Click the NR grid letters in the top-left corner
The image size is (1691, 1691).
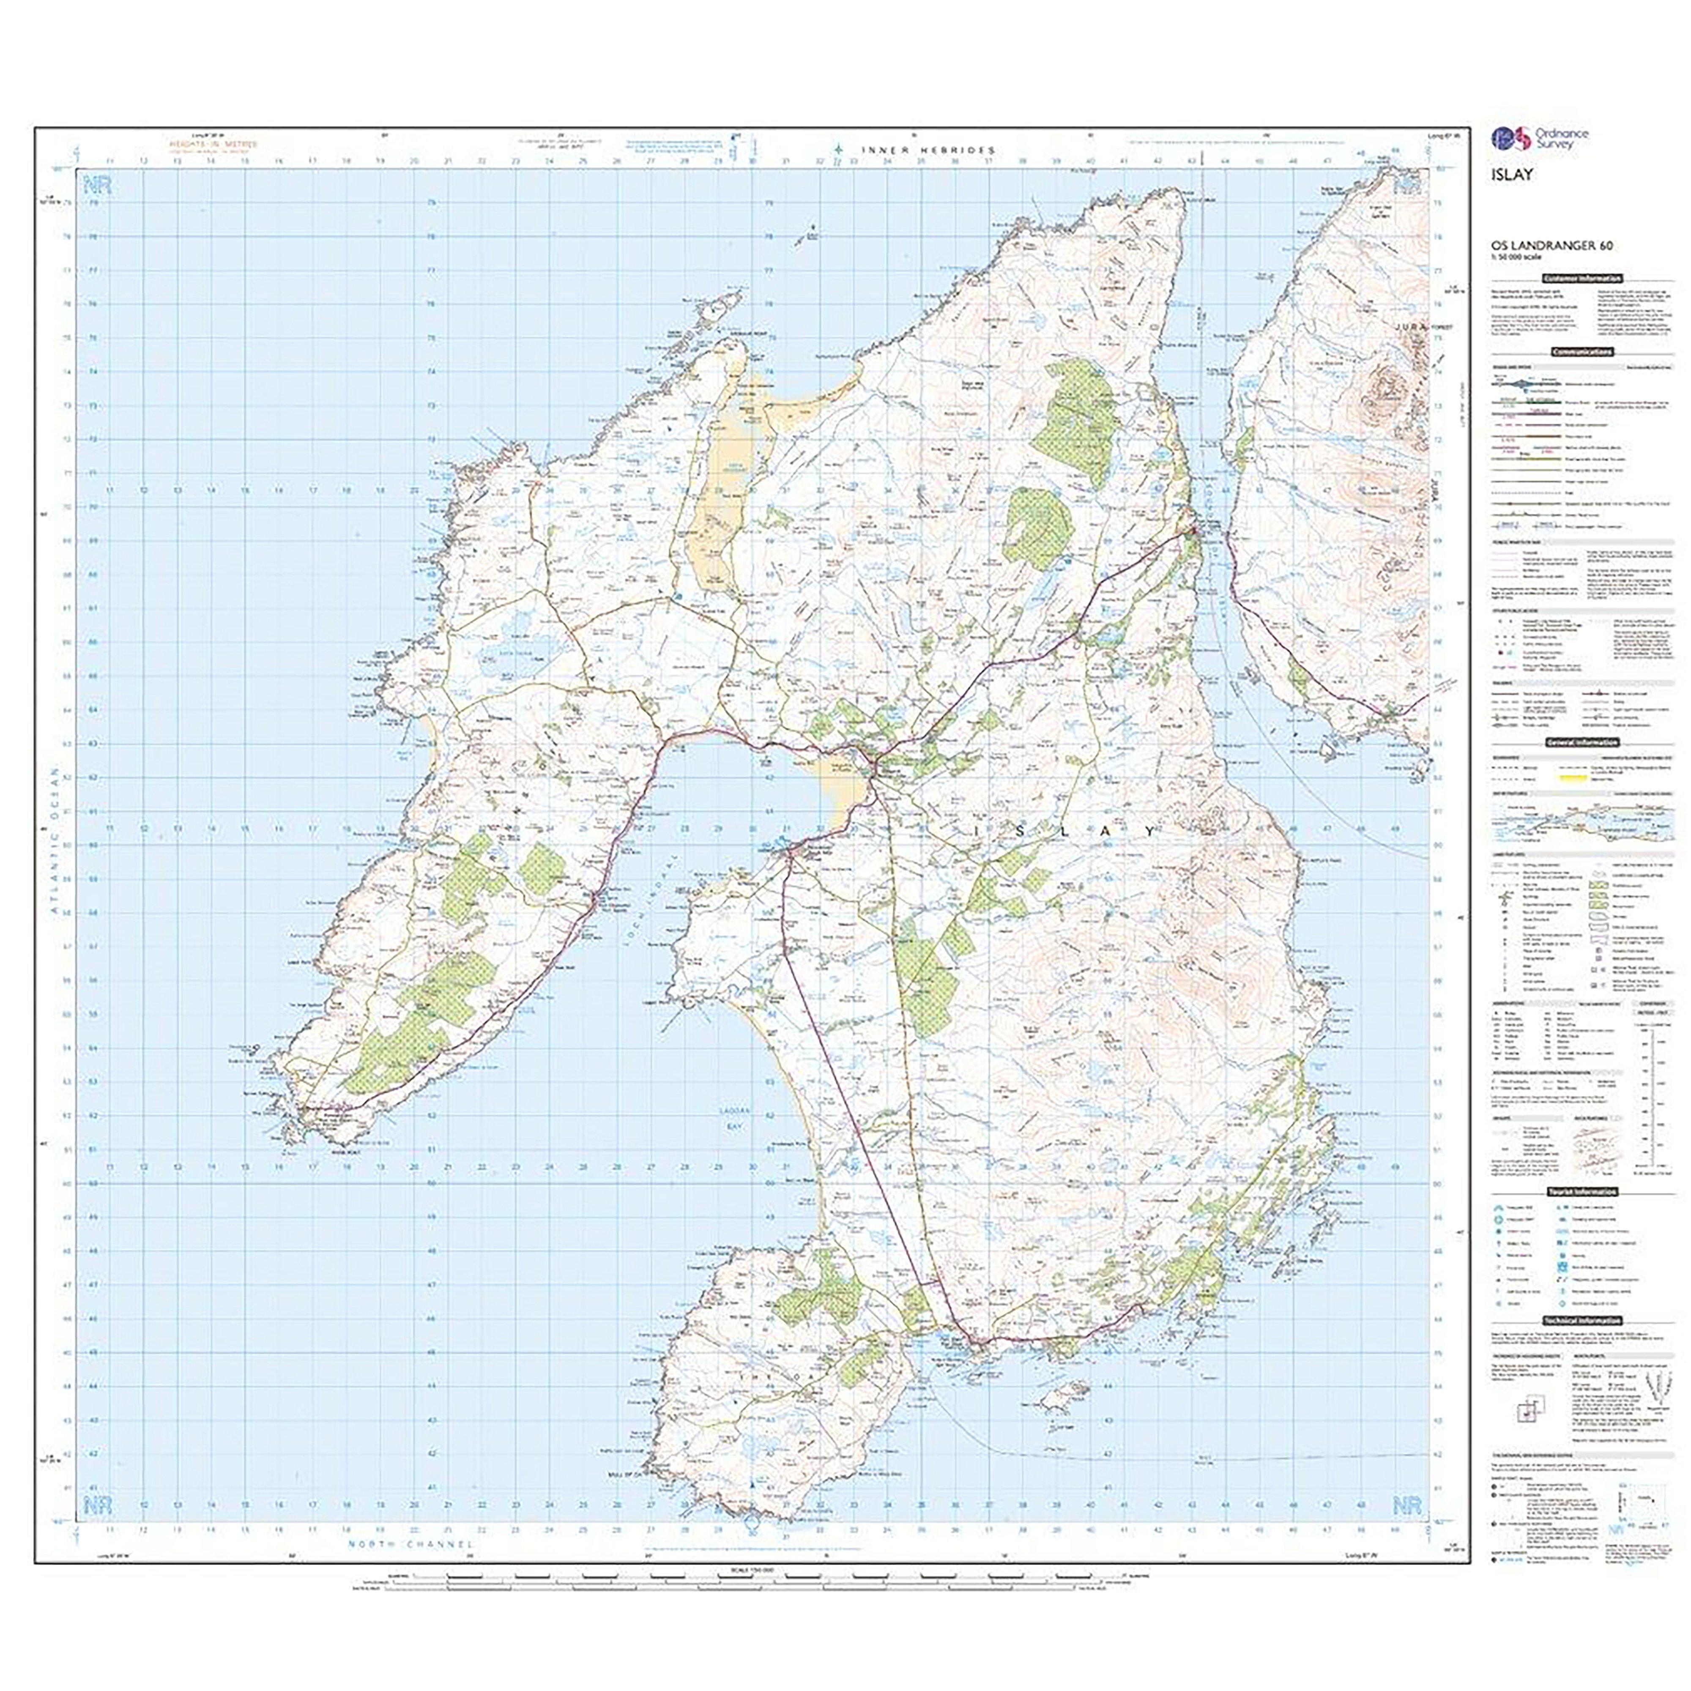[94, 186]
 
